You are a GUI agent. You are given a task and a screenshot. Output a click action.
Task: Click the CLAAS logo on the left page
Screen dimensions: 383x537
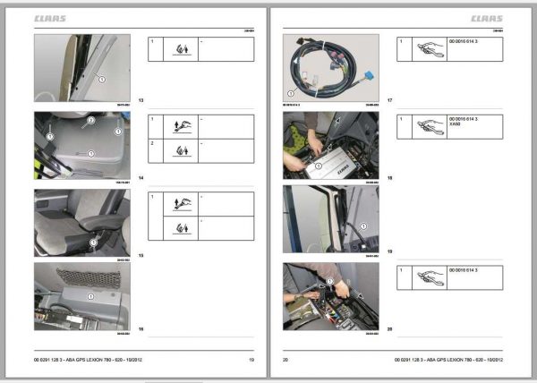[51, 17]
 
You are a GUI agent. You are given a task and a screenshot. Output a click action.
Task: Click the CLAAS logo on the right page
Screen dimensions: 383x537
[485, 17]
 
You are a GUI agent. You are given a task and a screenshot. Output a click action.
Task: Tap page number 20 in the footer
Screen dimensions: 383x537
[286, 359]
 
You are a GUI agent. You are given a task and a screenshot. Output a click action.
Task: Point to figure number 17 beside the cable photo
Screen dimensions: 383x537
[389, 98]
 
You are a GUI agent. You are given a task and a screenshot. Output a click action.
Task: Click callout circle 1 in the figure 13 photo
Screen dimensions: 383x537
[102, 80]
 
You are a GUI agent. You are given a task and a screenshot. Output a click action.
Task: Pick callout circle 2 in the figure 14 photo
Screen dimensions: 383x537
[90, 120]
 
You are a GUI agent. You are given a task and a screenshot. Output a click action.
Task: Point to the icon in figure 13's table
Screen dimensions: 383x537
[180, 49]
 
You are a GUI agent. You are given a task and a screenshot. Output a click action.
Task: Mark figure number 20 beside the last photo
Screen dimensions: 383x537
[389, 329]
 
